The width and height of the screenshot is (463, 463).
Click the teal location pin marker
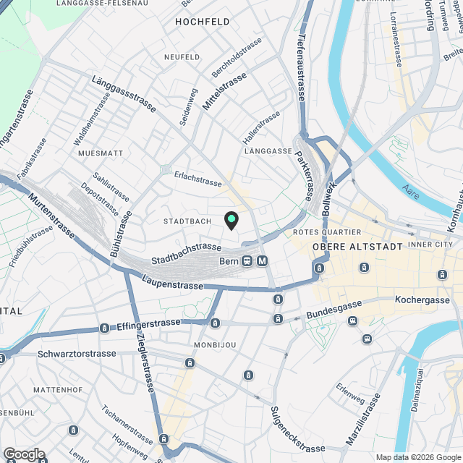click(x=231, y=220)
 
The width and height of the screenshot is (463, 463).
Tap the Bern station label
click(x=229, y=260)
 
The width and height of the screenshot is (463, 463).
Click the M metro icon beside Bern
click(x=262, y=260)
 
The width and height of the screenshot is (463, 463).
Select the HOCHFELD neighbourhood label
click(x=196, y=22)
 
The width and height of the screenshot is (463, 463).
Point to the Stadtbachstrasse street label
click(x=186, y=253)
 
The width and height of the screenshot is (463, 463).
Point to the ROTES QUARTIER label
click(x=327, y=232)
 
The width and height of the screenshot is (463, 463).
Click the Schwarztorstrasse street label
click(x=77, y=354)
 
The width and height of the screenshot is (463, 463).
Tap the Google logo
click(x=24, y=454)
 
